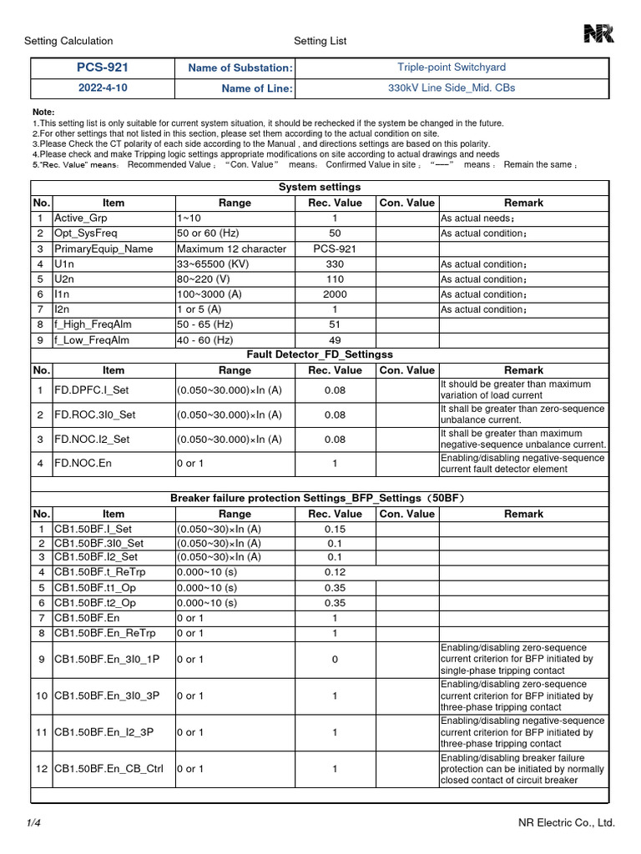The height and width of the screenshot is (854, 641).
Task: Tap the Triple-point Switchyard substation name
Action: click(x=452, y=68)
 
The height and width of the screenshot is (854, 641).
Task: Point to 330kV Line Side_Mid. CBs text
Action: click(x=452, y=88)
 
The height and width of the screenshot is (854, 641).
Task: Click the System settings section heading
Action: click(x=320, y=188)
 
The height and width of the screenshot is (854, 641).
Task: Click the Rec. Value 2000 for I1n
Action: click(x=335, y=294)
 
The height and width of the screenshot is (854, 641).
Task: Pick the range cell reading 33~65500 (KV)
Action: click(x=219, y=264)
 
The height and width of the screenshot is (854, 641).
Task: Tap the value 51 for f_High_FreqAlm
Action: click(x=335, y=324)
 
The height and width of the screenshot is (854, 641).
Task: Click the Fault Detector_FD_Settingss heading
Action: click(x=320, y=354)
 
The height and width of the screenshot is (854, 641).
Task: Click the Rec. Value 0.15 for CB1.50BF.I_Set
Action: click(x=335, y=529)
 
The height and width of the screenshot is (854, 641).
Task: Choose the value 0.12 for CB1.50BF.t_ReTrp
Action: click(x=335, y=572)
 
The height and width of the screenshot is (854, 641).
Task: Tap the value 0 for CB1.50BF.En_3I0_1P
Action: click(x=335, y=660)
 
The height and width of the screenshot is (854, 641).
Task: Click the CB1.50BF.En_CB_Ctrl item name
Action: click(x=109, y=769)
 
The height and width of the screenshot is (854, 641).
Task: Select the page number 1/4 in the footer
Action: click(x=33, y=823)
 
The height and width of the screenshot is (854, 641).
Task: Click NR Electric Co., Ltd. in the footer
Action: click(x=566, y=823)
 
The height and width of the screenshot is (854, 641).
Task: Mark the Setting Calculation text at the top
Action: click(x=68, y=41)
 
